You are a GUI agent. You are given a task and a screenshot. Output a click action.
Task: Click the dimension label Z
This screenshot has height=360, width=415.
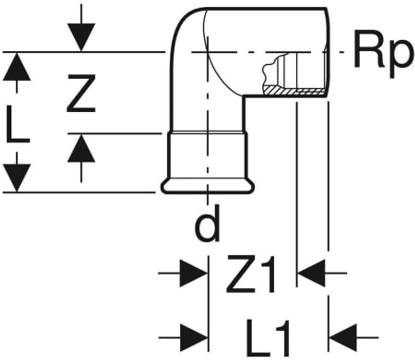pos(81,93)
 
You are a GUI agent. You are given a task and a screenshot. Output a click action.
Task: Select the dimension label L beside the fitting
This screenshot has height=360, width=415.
pos(17,124)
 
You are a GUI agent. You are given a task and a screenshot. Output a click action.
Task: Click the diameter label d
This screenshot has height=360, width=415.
pos(207,223)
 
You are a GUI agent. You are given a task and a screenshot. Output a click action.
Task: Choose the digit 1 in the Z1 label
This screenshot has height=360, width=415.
pos(267,274)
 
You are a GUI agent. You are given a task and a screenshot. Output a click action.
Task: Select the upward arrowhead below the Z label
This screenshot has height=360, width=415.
pos(81,148)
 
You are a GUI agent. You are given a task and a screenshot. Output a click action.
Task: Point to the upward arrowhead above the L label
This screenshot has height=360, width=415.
pos(17,67)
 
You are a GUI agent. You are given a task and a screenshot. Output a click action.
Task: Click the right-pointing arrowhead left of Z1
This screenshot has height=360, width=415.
pos(193,273)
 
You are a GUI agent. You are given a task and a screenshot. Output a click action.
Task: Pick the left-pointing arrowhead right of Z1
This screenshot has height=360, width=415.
pos(312,273)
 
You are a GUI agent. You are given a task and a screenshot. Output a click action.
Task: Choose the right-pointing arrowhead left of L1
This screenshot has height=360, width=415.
pos(193,338)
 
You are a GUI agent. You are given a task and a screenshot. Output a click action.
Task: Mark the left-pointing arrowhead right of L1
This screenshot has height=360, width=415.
pos(343,338)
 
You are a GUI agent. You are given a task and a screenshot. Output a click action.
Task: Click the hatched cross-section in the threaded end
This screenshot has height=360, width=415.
pos(294,91)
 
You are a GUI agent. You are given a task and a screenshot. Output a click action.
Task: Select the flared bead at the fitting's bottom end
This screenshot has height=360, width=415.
pos(208,186)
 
